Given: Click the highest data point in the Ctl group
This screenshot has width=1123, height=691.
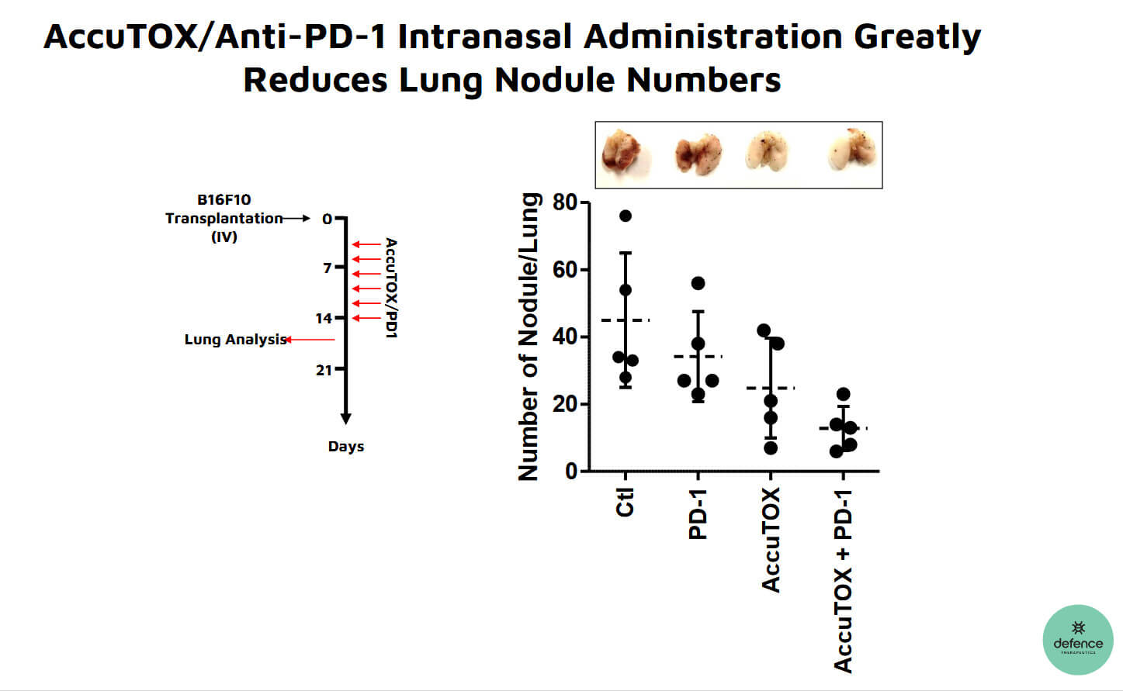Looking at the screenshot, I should (626, 216).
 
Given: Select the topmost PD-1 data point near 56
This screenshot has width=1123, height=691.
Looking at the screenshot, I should (698, 283).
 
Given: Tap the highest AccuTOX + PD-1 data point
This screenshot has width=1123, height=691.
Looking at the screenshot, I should (844, 394).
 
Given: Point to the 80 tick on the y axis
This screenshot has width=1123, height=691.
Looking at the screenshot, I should (565, 202).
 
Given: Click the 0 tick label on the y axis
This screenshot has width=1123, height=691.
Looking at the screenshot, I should (571, 471).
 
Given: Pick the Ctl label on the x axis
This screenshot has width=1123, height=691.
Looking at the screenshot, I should (625, 503).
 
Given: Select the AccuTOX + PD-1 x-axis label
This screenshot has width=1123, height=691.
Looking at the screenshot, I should (844, 581).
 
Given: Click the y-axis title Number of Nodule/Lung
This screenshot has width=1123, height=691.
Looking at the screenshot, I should (529, 337).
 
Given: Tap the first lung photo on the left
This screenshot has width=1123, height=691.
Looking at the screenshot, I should (623, 154).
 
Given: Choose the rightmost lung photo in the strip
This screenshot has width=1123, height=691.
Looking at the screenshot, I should (851, 150).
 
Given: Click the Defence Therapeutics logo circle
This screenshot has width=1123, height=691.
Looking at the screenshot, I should (1077, 640).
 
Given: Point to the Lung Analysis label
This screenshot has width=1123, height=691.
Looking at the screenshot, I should (234, 340).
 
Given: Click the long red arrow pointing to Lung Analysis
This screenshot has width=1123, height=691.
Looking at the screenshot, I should (310, 340).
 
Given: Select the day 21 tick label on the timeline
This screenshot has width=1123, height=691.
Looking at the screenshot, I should (324, 370).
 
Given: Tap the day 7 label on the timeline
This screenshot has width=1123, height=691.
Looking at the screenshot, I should (328, 268).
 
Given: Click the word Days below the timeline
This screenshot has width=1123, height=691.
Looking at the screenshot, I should (345, 447).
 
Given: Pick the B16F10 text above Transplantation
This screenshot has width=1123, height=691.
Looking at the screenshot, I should (224, 199).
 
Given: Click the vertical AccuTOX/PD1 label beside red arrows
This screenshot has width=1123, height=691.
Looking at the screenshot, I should (391, 288).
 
